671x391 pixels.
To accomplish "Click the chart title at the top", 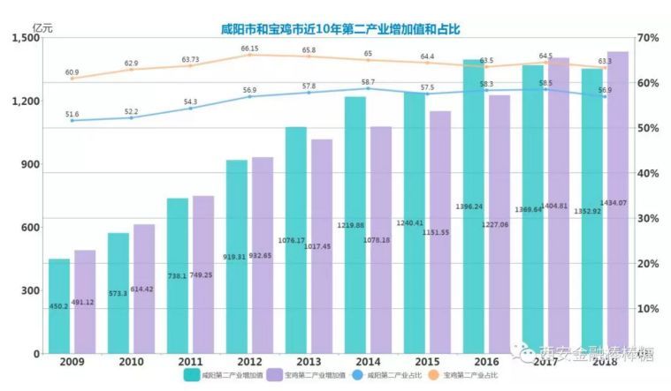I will click(340, 29).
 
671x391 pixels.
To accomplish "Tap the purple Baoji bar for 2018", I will click(618, 203).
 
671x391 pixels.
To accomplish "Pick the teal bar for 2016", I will click(474, 207).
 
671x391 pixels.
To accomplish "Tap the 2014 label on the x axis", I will click(367, 362).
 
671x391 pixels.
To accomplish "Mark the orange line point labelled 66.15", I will click(249, 55).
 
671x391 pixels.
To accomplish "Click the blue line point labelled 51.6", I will click(72, 120).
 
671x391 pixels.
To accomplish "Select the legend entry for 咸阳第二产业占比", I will click(386, 375).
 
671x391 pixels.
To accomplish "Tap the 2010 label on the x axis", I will click(131, 362).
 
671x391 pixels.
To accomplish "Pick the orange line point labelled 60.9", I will click(72, 79).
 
